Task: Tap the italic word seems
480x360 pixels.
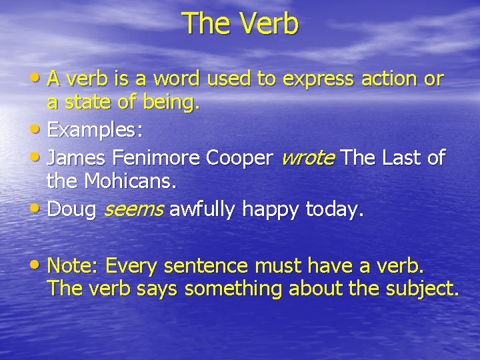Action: (133, 209)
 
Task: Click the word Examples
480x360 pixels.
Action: (95, 130)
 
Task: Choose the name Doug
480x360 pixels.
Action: (73, 209)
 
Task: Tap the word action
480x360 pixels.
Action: (391, 79)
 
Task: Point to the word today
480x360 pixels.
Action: (334, 210)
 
